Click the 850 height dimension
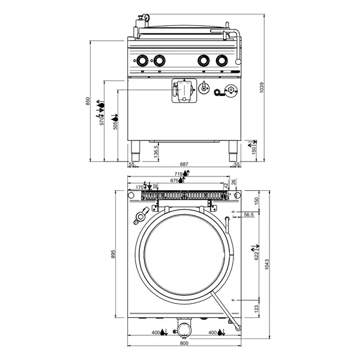point(88,101)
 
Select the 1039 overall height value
point(260,88)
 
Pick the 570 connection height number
point(103,123)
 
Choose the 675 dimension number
point(175,180)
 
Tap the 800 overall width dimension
point(184,344)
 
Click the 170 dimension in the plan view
point(139,187)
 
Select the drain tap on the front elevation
point(182,91)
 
